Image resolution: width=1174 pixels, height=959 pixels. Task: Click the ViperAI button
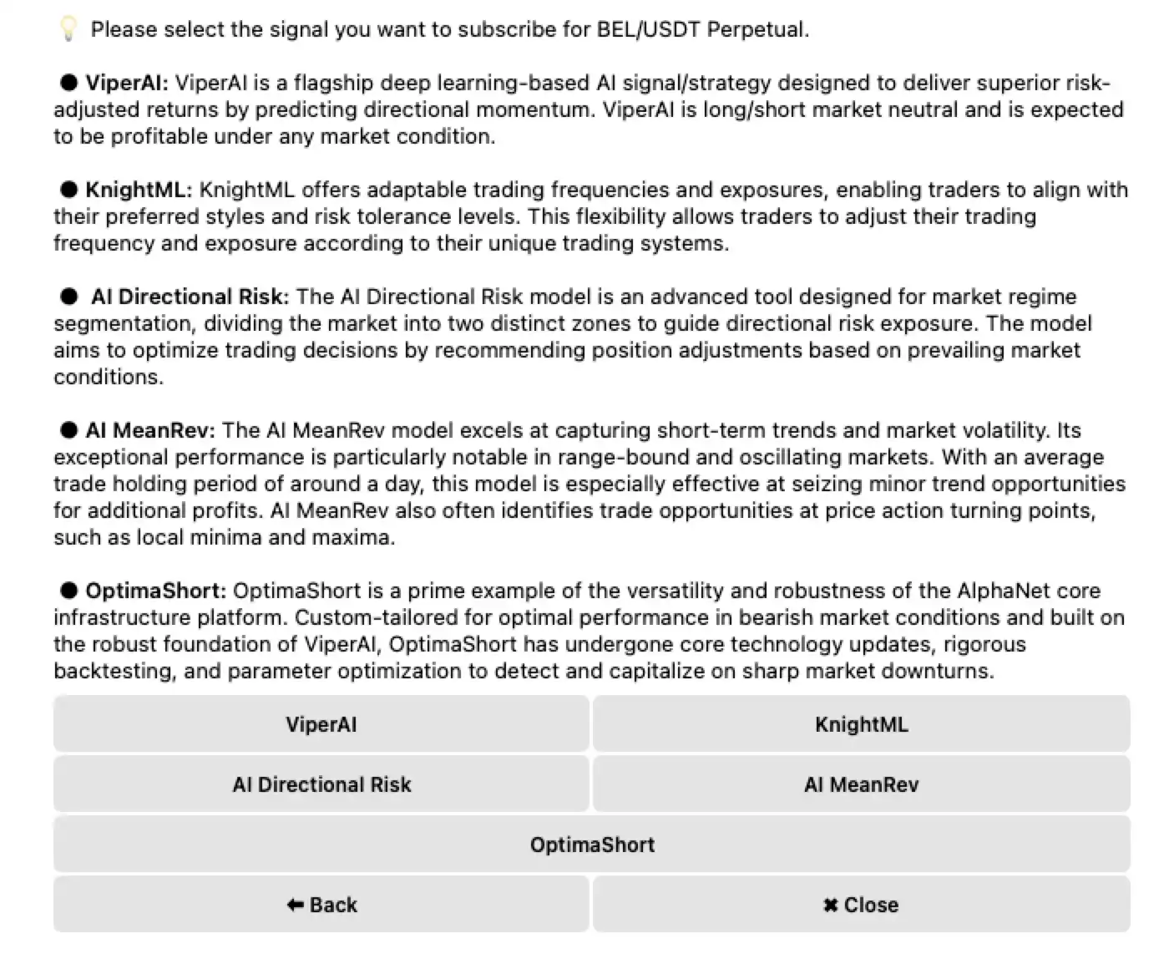pos(321,724)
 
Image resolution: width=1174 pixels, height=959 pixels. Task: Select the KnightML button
pos(861,724)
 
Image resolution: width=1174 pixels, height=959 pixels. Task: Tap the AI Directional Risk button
pos(321,784)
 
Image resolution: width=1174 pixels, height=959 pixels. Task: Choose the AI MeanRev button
pos(861,784)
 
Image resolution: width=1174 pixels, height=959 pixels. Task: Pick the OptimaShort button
pos(591,845)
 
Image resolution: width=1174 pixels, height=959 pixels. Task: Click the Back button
pos(321,905)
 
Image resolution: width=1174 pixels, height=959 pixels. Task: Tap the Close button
pos(861,905)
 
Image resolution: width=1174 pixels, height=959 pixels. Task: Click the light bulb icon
pos(68,29)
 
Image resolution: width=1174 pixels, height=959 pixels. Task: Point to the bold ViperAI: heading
pos(127,83)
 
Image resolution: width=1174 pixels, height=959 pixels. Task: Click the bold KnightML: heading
pos(139,190)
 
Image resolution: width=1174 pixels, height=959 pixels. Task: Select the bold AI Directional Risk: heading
pos(190,297)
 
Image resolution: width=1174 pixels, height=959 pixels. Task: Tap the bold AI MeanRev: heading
pos(150,430)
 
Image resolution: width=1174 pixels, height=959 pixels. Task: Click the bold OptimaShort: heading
pos(155,591)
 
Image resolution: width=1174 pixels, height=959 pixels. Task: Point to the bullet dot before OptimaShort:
pos(68,591)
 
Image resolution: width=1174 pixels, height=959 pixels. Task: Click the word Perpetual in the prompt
pos(757,29)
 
